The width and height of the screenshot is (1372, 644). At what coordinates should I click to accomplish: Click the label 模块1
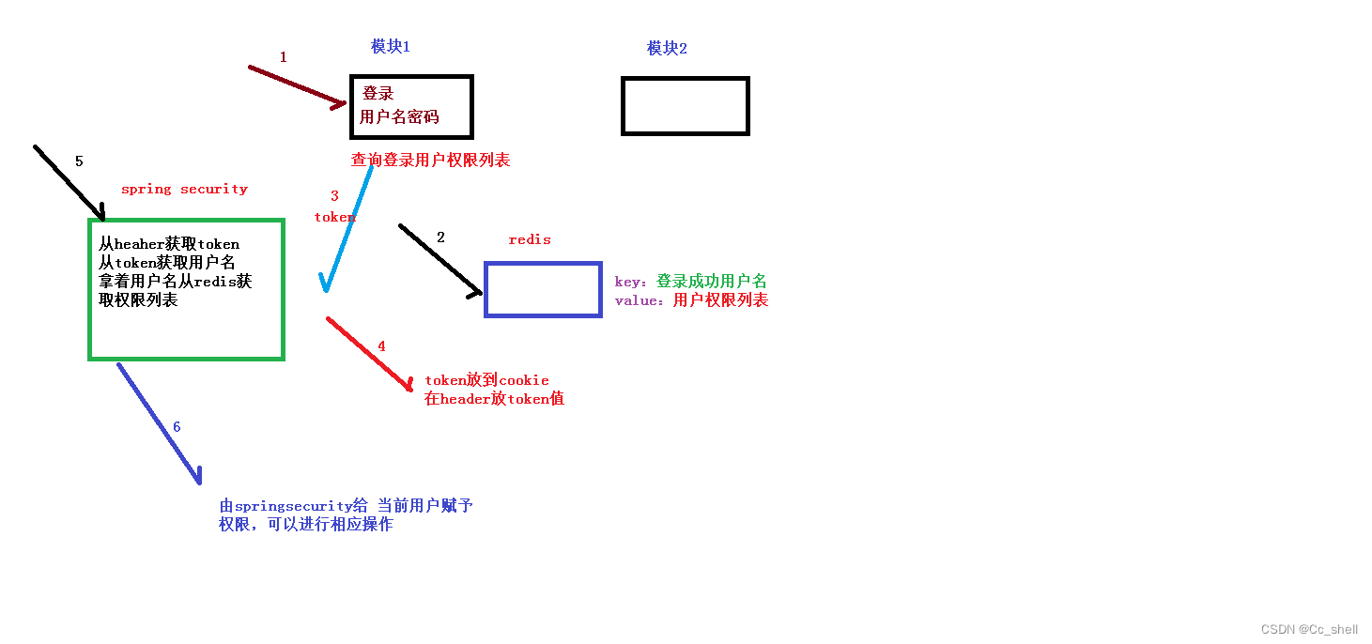[390, 46]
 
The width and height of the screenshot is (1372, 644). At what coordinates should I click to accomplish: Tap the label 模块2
[667, 48]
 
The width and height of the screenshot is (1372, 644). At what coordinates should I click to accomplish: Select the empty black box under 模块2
[685, 106]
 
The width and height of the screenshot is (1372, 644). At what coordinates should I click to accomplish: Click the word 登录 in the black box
[378, 94]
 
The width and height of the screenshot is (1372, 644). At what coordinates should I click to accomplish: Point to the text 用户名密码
[399, 117]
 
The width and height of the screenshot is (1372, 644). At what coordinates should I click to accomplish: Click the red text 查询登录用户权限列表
[430, 161]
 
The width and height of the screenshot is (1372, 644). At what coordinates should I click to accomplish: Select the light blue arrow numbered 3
[348, 226]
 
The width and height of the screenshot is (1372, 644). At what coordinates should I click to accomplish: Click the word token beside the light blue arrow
[335, 217]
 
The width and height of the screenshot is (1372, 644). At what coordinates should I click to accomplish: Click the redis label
[530, 239]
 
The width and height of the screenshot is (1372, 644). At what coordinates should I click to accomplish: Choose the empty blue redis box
[543, 289]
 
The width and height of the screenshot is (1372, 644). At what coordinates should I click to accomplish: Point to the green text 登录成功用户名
[711, 282]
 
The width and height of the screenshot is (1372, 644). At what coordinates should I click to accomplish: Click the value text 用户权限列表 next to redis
[720, 300]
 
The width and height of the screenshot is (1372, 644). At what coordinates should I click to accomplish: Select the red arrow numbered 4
[370, 355]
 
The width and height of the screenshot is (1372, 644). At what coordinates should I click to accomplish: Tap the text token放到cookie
[486, 380]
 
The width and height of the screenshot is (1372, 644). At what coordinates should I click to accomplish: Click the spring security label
[184, 189]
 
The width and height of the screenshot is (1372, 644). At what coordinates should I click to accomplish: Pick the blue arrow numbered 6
[160, 423]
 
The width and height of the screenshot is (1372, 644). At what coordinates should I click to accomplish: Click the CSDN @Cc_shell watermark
[1309, 629]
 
